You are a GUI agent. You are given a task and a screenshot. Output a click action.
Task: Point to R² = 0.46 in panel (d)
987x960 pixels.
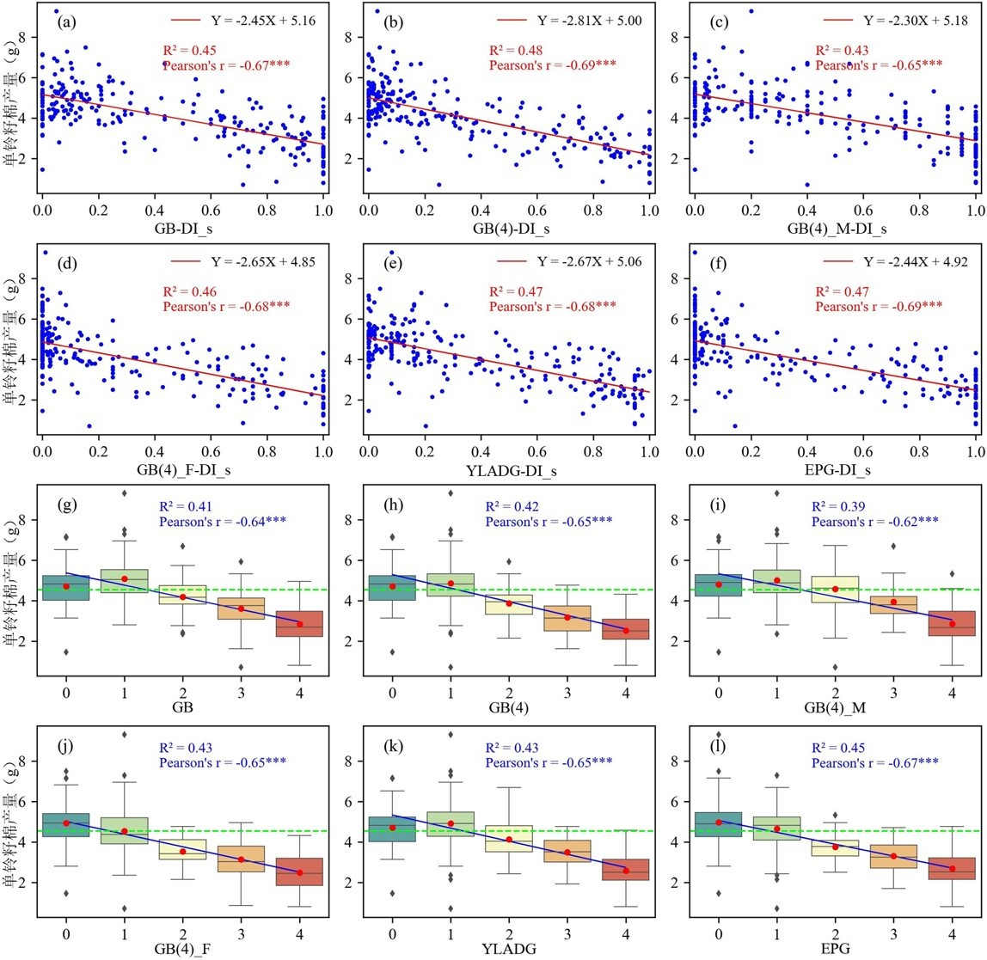coord(188,290)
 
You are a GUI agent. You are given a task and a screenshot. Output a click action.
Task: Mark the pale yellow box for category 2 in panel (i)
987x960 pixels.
coord(836,589)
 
